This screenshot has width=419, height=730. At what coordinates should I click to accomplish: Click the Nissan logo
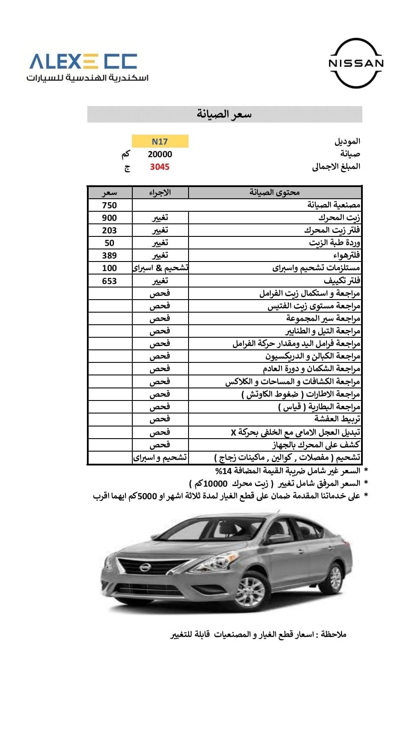[x=356, y=63]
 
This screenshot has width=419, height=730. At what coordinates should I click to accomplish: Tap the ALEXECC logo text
[x=83, y=61]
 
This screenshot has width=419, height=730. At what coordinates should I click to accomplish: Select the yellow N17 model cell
[x=160, y=142]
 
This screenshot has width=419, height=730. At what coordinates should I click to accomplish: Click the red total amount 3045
[x=160, y=167]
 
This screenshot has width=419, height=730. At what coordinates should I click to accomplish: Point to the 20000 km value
[x=160, y=154]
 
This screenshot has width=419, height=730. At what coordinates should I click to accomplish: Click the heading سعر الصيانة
[x=224, y=114]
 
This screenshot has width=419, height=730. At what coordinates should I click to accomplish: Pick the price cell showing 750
[x=109, y=205]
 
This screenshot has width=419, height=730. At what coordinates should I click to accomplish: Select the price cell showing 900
[x=109, y=218]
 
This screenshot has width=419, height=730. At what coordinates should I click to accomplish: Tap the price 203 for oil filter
[x=109, y=230]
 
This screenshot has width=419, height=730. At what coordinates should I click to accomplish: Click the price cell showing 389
[x=109, y=255]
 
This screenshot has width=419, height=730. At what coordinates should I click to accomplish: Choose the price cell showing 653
[x=109, y=281]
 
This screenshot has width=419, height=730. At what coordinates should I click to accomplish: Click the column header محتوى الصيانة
[x=275, y=192]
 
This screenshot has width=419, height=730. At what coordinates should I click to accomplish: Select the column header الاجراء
[x=160, y=192]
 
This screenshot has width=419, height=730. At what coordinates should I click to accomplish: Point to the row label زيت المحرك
[x=339, y=217]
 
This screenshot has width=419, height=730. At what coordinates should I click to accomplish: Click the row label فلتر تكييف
[x=342, y=281]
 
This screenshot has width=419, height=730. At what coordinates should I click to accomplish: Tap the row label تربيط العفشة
[x=337, y=419]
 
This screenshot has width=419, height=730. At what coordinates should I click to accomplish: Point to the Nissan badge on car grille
[x=144, y=568]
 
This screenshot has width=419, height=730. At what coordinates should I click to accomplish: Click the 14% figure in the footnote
[x=224, y=471]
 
